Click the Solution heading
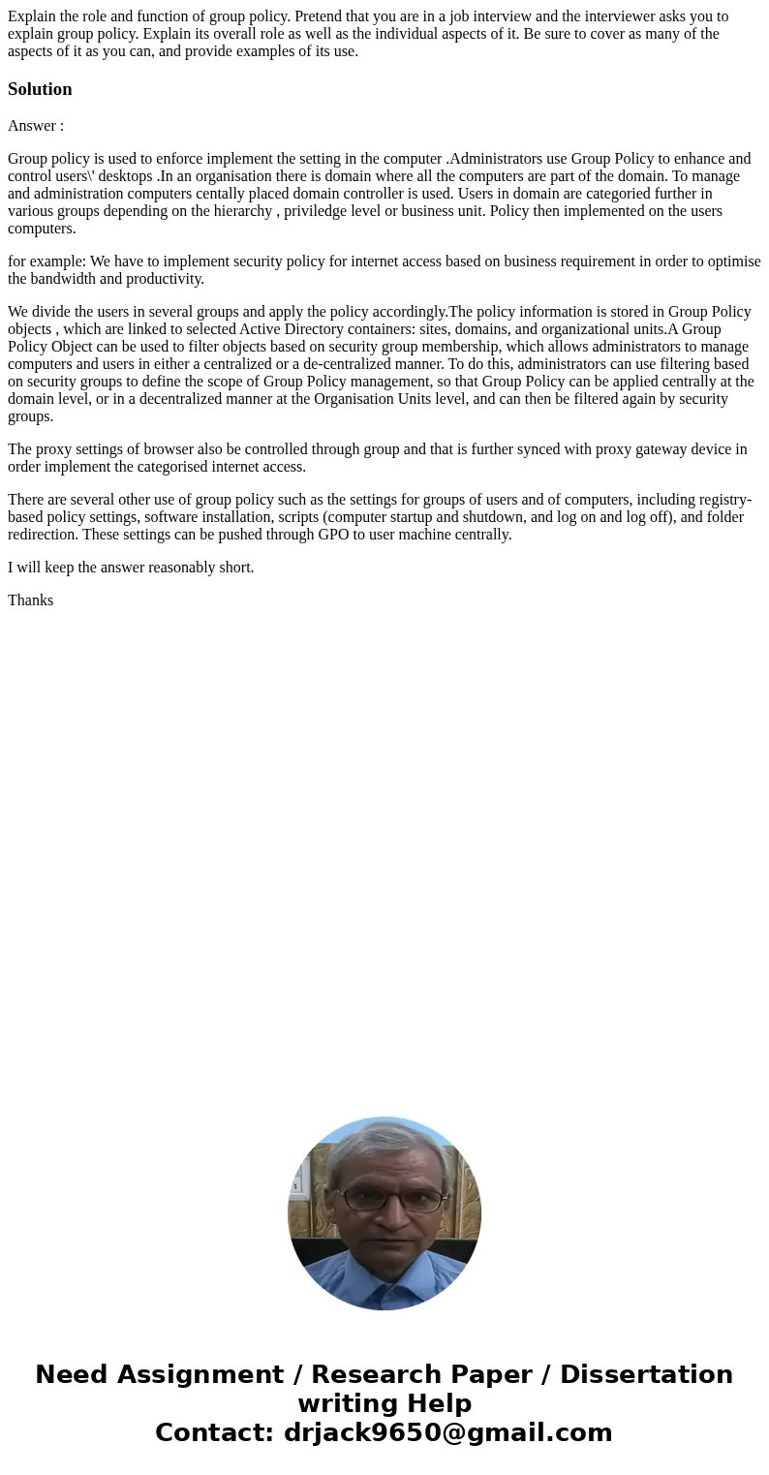[40, 89]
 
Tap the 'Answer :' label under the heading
[36, 126]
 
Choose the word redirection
[43, 535]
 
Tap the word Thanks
[30, 600]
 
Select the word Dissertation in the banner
[646, 1375]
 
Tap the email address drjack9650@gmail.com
[447, 1433]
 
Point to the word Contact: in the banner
[214, 1433]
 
